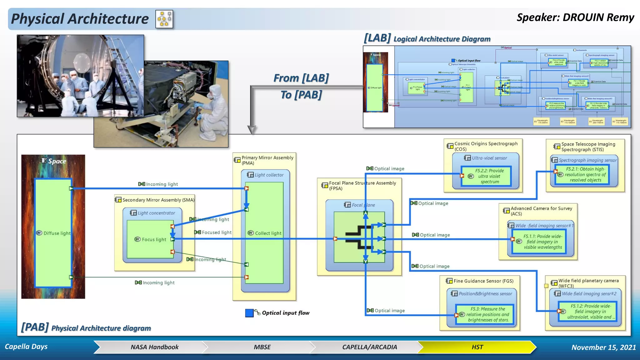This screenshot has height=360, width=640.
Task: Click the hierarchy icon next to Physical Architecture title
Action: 164,19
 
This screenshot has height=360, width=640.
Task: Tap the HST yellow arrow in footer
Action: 477,347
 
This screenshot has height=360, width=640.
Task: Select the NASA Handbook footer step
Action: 154,347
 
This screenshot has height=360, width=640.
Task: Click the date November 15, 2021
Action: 603,347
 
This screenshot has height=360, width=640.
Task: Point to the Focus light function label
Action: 154,240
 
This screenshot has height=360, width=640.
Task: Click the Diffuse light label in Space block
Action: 57,233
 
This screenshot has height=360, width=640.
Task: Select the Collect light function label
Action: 268,233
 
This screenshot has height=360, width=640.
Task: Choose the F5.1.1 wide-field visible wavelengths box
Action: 543,242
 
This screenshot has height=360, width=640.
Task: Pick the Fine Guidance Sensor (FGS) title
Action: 483,281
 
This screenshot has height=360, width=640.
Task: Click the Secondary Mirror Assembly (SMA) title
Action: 158,200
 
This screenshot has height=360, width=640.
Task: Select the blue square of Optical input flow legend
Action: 249,313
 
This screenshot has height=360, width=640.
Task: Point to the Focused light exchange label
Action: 217,232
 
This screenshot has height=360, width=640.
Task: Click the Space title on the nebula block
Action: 57,161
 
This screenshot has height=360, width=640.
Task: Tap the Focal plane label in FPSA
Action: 363,205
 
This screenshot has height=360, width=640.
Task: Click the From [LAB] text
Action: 301,78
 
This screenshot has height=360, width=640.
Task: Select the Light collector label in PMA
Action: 269,175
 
